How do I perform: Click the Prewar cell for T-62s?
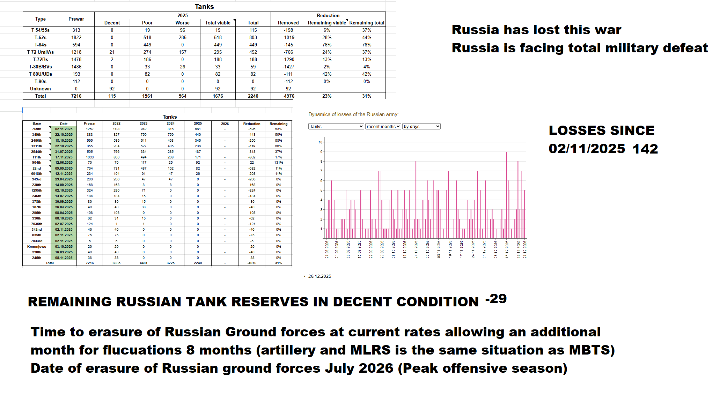pos(76,37)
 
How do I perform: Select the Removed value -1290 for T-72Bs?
pos(288,59)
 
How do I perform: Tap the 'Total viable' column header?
pos(218,23)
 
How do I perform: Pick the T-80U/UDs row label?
pos(41,74)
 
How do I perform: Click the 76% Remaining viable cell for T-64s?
pos(327,45)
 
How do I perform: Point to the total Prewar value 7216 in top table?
pos(76,96)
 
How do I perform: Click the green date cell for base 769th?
pos(64,129)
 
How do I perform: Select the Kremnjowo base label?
pos(37,246)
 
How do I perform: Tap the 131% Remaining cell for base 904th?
pos(278,163)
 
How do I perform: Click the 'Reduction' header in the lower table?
pos(252,124)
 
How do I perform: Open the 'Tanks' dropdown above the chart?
pos(336,126)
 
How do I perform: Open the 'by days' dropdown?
pos(421,126)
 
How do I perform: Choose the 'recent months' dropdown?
pos(383,126)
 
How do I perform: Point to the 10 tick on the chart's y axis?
pos(321,142)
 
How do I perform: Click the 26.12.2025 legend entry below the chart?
pos(319,276)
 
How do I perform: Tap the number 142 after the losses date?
pos(645,149)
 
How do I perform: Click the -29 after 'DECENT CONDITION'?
pos(496,299)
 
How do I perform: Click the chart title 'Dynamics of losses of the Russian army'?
pos(353,114)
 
